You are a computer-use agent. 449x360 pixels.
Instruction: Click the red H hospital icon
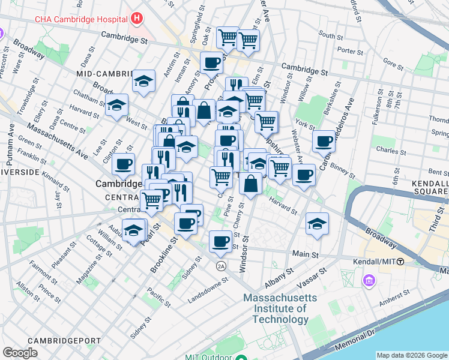point(137,18)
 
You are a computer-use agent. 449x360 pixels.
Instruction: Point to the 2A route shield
point(221,265)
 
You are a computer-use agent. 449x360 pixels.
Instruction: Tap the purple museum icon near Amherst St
point(368,280)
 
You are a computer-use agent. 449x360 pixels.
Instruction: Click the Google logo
point(20,353)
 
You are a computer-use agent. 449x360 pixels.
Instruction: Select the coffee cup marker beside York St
point(324,142)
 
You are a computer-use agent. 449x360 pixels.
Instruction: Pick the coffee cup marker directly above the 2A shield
point(220,241)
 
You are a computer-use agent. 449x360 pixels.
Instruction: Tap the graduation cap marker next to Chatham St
point(116,104)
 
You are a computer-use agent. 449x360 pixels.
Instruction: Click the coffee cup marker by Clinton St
point(124,163)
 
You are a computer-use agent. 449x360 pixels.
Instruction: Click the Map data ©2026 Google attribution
point(411,355)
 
